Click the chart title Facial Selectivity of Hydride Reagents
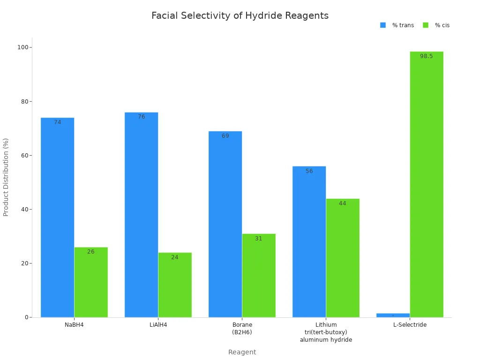240,15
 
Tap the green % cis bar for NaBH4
91,282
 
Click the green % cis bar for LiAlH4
175,285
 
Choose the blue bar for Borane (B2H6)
225,224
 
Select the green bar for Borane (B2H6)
259,275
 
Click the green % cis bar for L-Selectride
427,184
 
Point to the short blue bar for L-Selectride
393,315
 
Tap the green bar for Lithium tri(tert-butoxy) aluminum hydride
343,258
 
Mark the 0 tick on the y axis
27,317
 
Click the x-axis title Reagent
242,352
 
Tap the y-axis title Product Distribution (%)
6,177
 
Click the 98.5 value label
427,56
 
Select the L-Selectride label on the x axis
410,325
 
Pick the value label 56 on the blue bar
309,171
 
